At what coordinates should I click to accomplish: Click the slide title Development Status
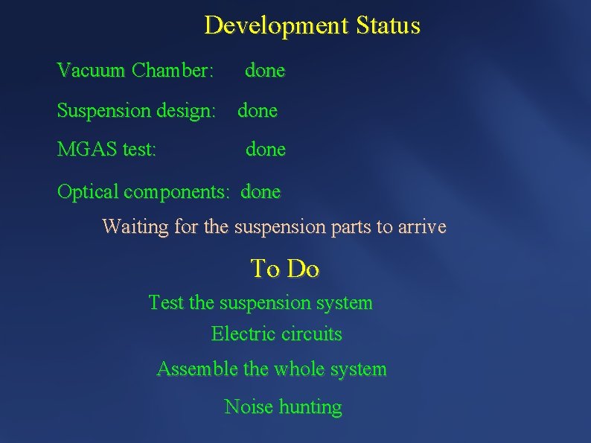click(x=312, y=26)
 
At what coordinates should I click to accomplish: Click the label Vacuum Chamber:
click(x=135, y=71)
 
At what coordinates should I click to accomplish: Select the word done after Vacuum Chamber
click(x=265, y=71)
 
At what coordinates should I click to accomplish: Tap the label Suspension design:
click(x=136, y=111)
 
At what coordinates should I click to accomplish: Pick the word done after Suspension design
click(x=258, y=111)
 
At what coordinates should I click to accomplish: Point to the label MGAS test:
click(x=106, y=150)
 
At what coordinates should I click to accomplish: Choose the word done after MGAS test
click(x=266, y=150)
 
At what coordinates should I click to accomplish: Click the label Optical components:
click(x=144, y=191)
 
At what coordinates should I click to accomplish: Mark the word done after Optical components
click(x=261, y=191)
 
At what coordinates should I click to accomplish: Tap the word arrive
click(x=422, y=226)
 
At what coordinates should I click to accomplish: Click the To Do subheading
click(x=285, y=269)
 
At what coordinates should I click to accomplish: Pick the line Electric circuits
click(x=276, y=334)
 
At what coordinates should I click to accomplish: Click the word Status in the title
click(x=388, y=26)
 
